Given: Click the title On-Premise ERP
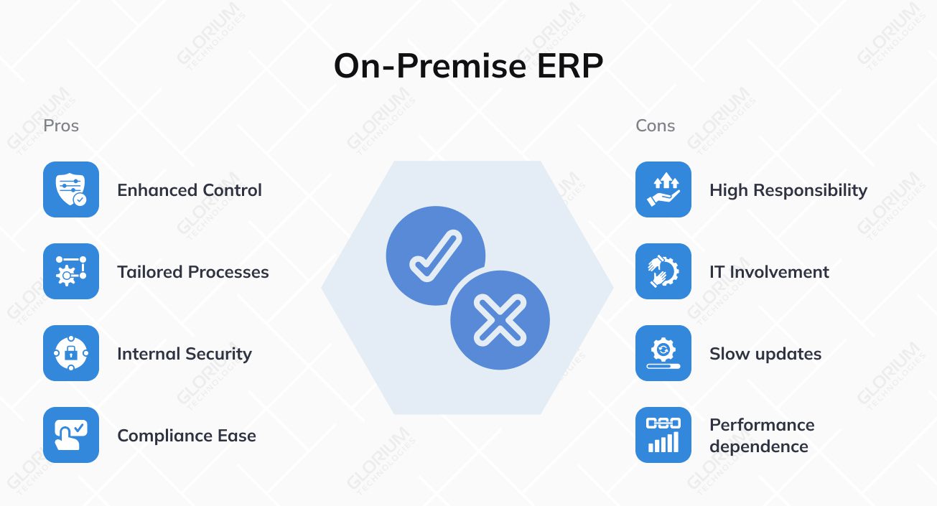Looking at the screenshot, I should (x=468, y=67).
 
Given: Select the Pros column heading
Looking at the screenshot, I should (x=61, y=126).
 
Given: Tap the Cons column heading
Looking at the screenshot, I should (x=655, y=126).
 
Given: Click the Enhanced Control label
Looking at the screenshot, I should (x=190, y=190).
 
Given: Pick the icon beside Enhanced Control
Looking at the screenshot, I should (x=71, y=189).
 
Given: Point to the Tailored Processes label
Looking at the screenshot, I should (x=193, y=272).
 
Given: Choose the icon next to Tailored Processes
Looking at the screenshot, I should (x=71, y=271).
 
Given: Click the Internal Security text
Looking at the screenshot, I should (x=185, y=354).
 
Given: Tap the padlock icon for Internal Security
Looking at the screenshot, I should (x=71, y=353).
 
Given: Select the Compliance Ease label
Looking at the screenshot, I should (x=187, y=436).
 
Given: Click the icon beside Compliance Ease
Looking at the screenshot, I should (x=71, y=435).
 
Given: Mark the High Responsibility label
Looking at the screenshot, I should (x=788, y=190).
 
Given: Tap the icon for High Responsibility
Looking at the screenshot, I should (x=663, y=189).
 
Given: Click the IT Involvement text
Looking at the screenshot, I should (x=769, y=272).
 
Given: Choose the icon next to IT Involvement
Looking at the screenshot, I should (x=663, y=271).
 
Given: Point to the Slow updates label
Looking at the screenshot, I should (x=765, y=354).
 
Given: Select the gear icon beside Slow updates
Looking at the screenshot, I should (x=663, y=353).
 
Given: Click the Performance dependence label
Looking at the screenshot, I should (x=762, y=436).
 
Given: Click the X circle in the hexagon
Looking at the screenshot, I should (x=500, y=320).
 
